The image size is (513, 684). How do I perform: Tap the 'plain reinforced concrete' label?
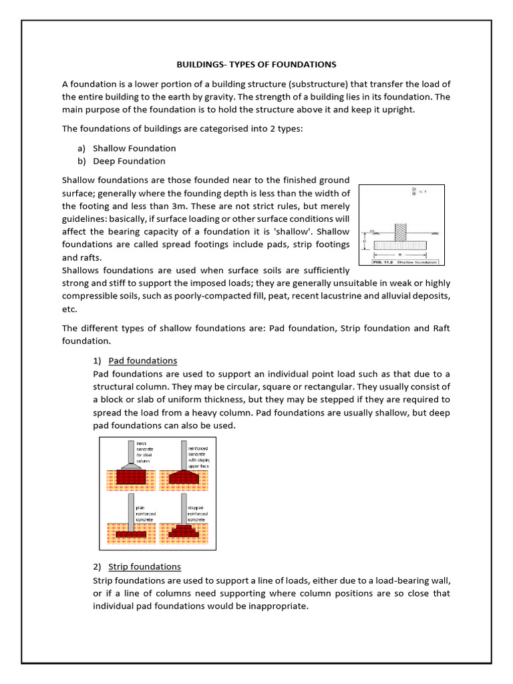[x=145, y=513]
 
